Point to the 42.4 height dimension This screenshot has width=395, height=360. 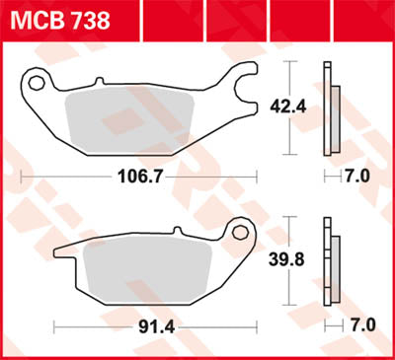[x=287, y=104]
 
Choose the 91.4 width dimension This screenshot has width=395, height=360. [x=151, y=324]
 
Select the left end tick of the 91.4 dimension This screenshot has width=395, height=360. [x=55, y=324]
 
